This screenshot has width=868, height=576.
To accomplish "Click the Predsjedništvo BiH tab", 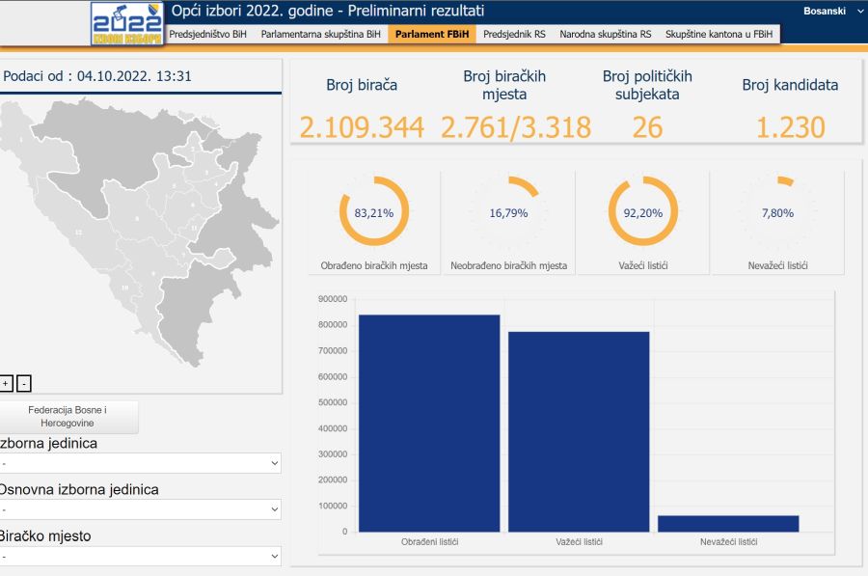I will pyautogui.click(x=206, y=34).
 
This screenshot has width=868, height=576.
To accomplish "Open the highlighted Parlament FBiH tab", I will pyautogui.click(x=433, y=34).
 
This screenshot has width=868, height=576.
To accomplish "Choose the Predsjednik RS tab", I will pyautogui.click(x=514, y=34).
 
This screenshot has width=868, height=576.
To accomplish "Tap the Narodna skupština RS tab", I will pyautogui.click(x=606, y=34).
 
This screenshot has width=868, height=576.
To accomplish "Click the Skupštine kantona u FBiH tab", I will pyautogui.click(x=719, y=34).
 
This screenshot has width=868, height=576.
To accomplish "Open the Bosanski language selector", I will pyautogui.click(x=830, y=11).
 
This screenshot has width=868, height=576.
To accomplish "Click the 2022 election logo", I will pyautogui.click(x=127, y=23).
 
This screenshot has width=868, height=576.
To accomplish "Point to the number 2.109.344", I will pyautogui.click(x=362, y=127).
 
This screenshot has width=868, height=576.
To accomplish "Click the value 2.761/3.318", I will pyautogui.click(x=516, y=127).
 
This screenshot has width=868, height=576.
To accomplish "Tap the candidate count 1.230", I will pyautogui.click(x=790, y=127).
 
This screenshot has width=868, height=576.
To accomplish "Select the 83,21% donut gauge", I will pyautogui.click(x=374, y=212).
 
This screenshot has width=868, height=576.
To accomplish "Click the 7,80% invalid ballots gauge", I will pyautogui.click(x=777, y=212).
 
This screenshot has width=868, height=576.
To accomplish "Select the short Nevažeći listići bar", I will pyautogui.click(x=728, y=523).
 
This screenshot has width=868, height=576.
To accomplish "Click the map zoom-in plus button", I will pyautogui.click(x=6, y=383).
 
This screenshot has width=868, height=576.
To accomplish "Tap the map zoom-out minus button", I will pyautogui.click(x=24, y=383).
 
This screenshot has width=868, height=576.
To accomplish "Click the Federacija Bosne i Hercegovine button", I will pyautogui.click(x=68, y=417).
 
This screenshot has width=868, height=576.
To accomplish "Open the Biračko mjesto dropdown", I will pyautogui.click(x=141, y=557).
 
